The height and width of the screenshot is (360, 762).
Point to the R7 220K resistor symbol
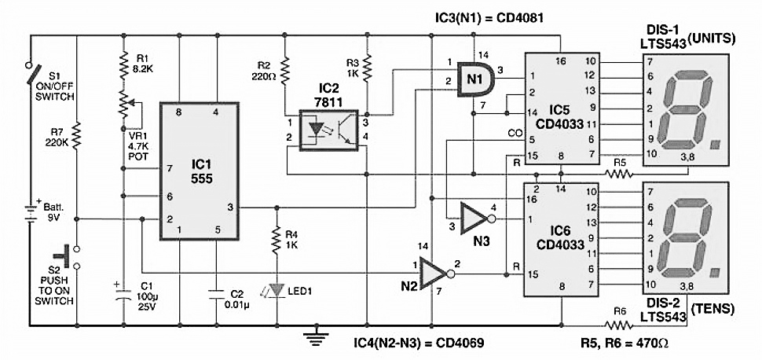coord(77,138)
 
